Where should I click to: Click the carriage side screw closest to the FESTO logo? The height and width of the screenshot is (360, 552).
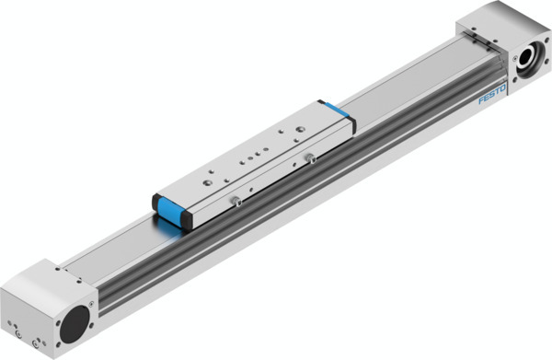[310, 162]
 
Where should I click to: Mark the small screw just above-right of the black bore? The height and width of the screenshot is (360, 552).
[95, 300]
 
